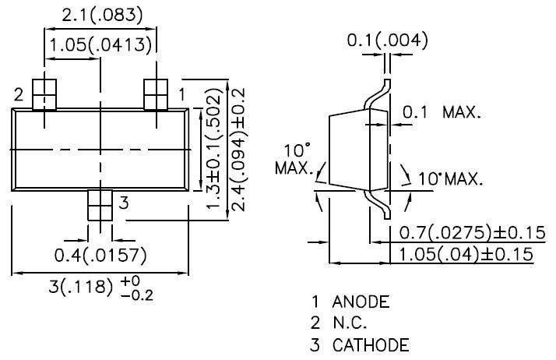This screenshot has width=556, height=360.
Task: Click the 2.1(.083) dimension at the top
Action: (x=99, y=14)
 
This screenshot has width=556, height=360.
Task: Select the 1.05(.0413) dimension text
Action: (x=100, y=45)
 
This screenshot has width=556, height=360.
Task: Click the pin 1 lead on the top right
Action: (x=157, y=94)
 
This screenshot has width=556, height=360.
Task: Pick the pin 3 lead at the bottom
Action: (x=100, y=206)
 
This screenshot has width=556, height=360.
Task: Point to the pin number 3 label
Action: (x=123, y=204)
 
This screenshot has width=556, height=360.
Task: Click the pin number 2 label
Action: (x=19, y=95)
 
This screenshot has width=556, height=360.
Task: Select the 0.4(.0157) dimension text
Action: (x=100, y=255)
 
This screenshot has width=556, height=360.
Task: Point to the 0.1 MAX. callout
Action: (x=442, y=112)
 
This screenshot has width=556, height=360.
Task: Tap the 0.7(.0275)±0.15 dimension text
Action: (x=466, y=233)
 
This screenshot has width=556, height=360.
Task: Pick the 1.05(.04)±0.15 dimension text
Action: (x=466, y=254)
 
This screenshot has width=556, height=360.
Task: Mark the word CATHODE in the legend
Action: (x=369, y=344)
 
